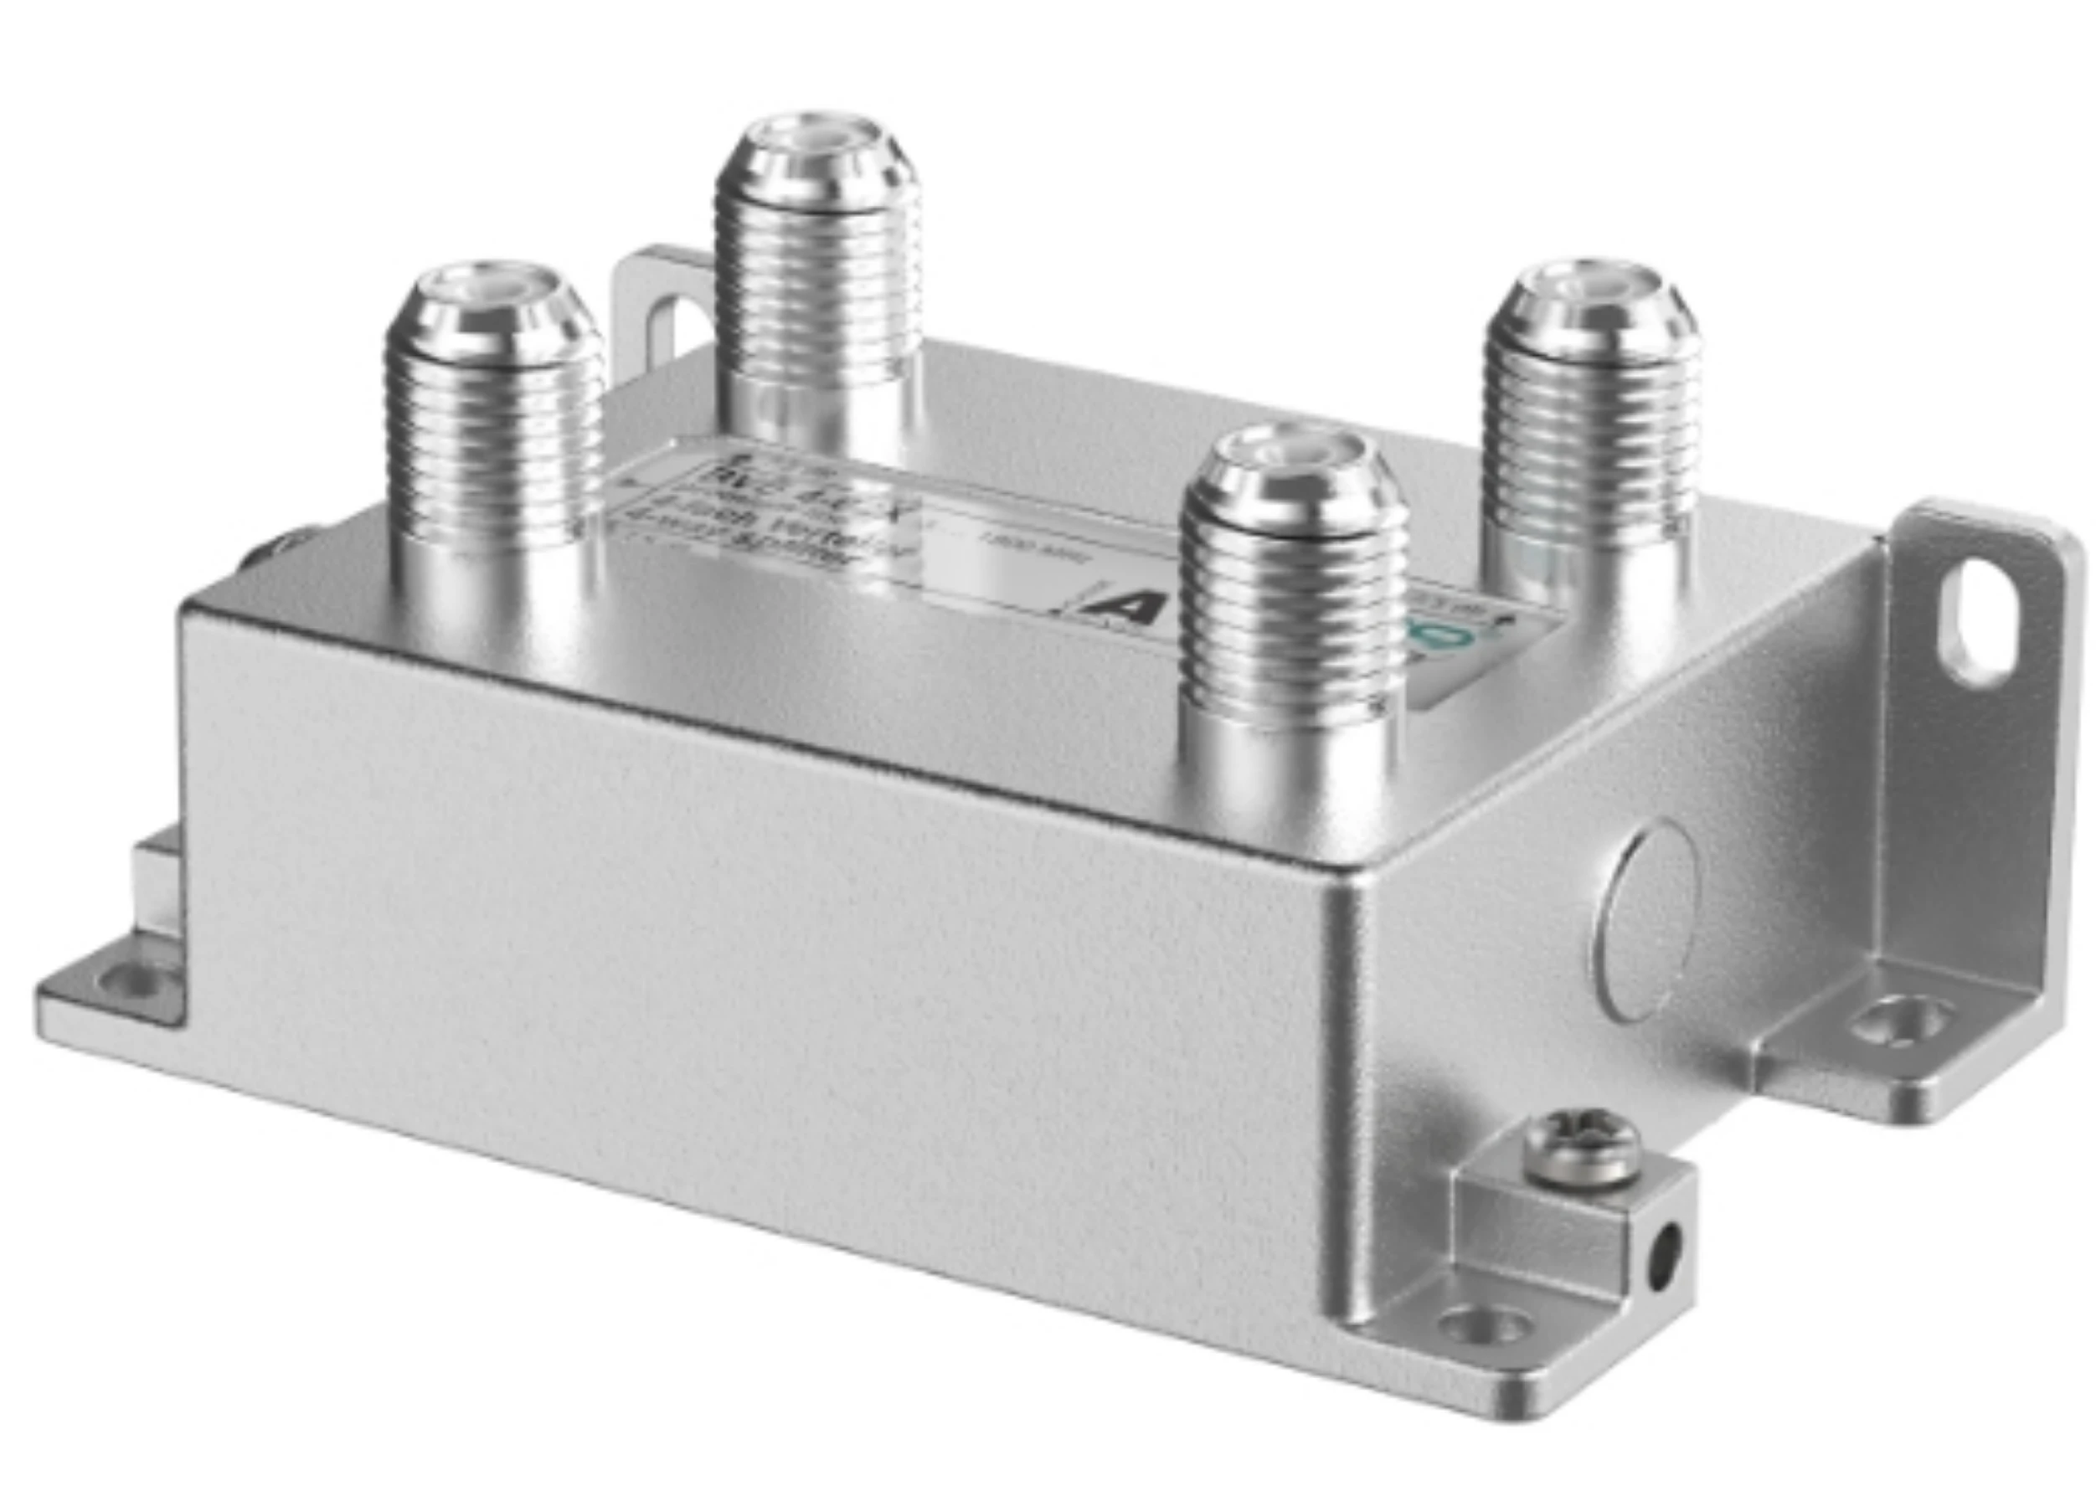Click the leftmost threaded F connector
pos(492,421)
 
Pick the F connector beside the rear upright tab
pos(816,265)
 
